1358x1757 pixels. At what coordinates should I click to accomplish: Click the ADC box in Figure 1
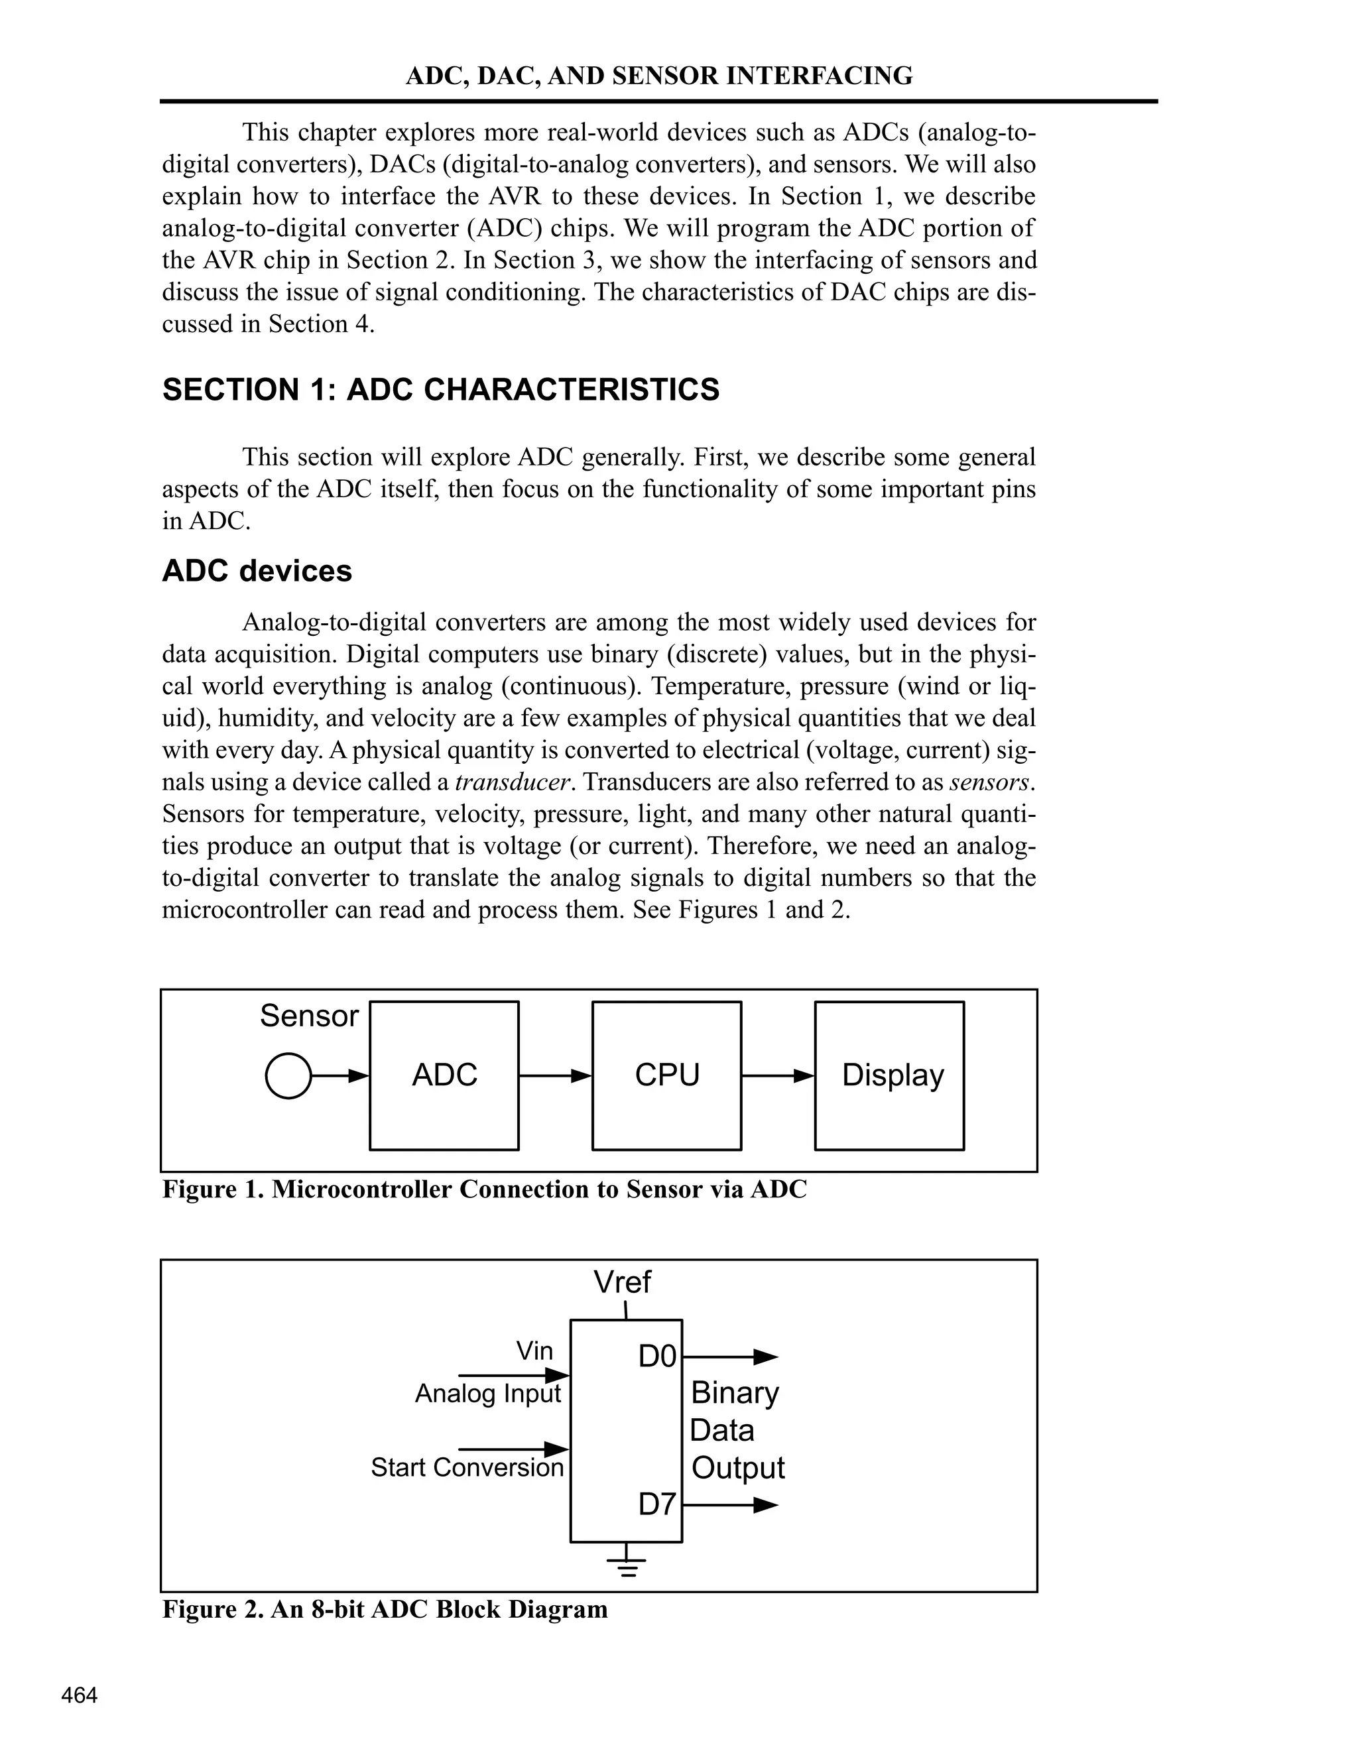coord(444,1075)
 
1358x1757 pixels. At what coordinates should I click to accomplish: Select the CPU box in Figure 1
coord(666,1075)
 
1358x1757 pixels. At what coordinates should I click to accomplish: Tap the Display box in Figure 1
coord(889,1075)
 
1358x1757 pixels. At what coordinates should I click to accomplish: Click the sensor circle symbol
coord(288,1075)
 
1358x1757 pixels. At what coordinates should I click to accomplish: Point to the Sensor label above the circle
coord(309,1016)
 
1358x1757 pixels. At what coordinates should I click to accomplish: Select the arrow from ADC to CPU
coord(555,1075)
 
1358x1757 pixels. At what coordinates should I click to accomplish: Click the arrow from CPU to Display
coord(778,1075)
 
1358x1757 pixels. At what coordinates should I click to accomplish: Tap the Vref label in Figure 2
coord(622,1282)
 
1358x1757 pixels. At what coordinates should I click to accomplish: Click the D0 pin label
coord(657,1357)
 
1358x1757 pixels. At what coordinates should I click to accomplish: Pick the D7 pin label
coord(657,1504)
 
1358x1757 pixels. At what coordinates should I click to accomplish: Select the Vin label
coord(535,1351)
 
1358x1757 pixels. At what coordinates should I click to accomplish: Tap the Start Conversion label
coord(467,1467)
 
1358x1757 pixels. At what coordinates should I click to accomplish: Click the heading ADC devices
coord(257,571)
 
